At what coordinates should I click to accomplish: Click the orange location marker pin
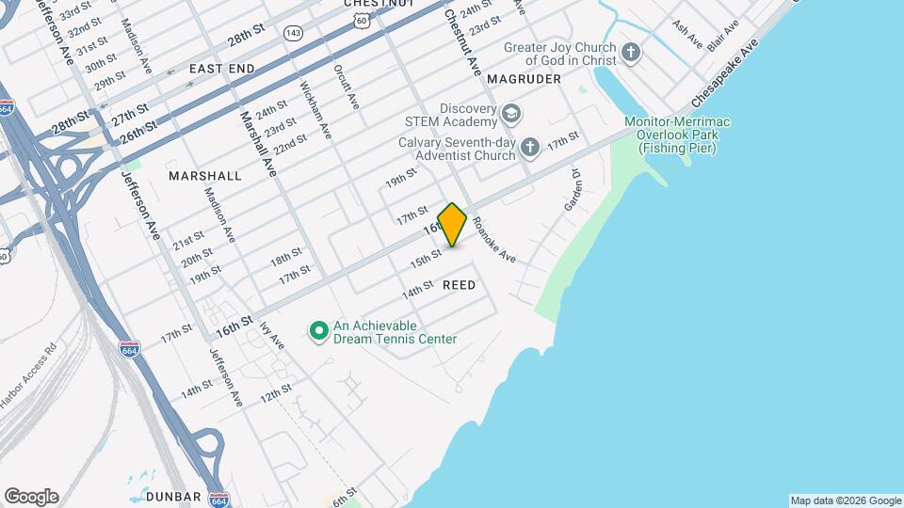tap(452, 225)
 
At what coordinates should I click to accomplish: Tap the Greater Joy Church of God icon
tap(631, 53)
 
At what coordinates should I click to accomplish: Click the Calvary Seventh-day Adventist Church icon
tap(530, 147)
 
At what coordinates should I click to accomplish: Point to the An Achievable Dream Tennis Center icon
tap(318, 330)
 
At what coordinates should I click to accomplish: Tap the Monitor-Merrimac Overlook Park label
tap(677, 135)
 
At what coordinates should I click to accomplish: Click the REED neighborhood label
tap(459, 284)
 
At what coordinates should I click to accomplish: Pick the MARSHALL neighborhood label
tap(204, 176)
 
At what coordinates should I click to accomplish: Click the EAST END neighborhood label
tap(221, 69)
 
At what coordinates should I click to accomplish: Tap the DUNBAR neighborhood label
tap(174, 496)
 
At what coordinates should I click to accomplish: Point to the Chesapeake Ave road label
tap(724, 74)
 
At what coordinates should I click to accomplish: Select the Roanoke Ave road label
tap(494, 239)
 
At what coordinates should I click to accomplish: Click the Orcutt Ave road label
tap(346, 87)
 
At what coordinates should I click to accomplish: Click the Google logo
tap(31, 497)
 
